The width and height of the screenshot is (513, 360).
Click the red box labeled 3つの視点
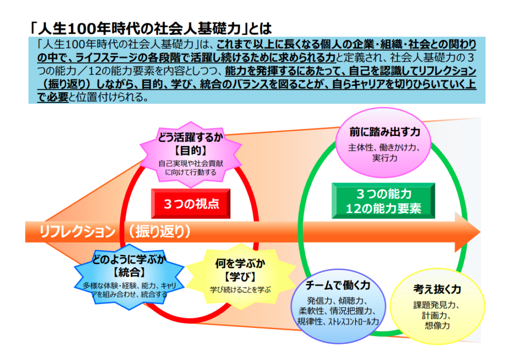191,204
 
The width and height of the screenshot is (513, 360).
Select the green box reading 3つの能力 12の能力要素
383,201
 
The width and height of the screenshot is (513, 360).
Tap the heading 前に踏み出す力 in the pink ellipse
385,132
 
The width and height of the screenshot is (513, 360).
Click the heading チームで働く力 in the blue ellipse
338,285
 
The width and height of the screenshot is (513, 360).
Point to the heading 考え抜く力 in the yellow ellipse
437,289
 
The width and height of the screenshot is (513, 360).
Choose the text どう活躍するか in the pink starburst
191,137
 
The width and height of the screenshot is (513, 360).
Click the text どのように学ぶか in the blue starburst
129,259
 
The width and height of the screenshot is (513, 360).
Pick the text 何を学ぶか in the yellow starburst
240,263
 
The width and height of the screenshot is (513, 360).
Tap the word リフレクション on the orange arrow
77,232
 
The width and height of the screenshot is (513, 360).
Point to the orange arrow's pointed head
479,232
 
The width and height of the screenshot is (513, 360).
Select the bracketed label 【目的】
191,151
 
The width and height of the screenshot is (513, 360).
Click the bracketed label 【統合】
129,272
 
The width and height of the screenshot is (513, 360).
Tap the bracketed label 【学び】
240,277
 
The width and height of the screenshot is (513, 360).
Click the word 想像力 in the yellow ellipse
437,325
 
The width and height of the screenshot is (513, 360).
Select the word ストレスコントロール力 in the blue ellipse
353,322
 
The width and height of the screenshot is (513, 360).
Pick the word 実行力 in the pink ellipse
385,158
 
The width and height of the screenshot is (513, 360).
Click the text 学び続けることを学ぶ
240,290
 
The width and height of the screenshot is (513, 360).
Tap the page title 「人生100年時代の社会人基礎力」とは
150,29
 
